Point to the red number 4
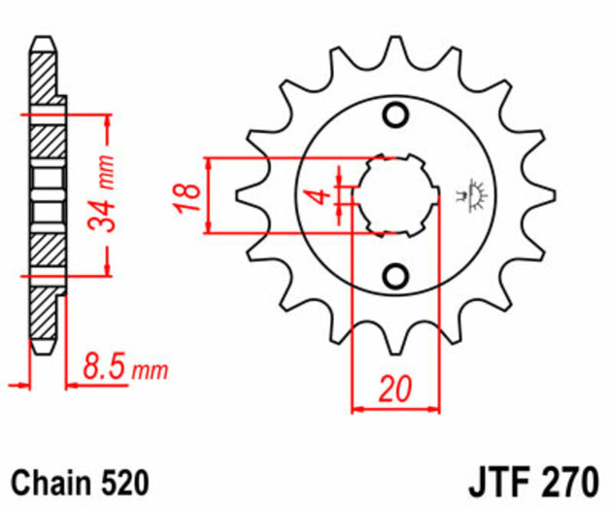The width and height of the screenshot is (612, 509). (317, 197)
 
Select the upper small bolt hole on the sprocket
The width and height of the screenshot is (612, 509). (394, 116)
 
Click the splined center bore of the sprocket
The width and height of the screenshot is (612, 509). (393, 194)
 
